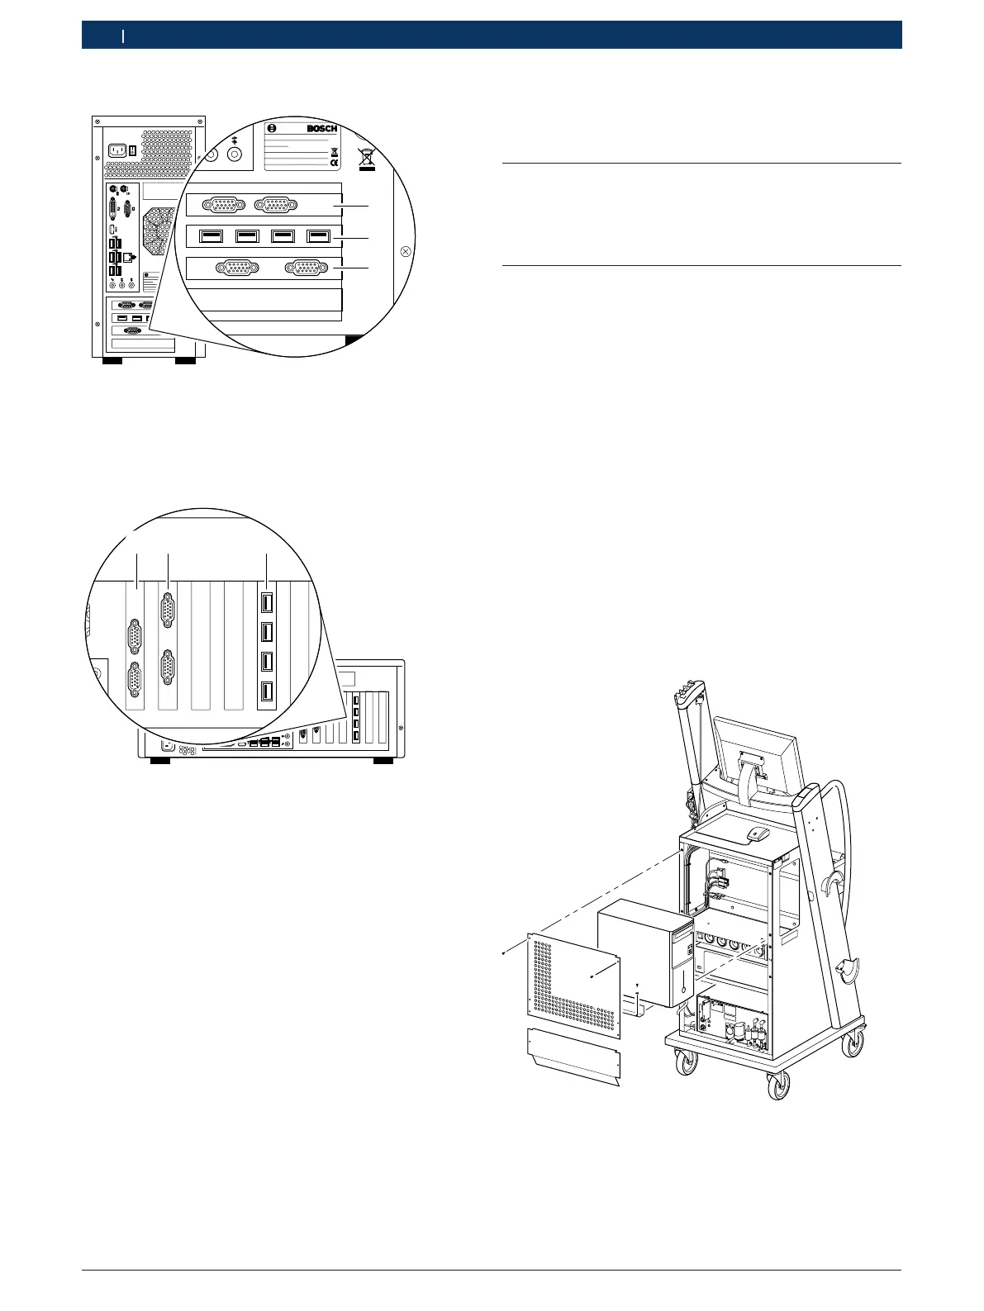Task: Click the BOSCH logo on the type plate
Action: (x=321, y=129)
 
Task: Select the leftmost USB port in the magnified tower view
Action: (x=212, y=236)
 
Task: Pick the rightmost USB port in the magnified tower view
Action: (x=318, y=236)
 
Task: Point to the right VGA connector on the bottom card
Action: (x=303, y=268)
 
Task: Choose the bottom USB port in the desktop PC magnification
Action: (x=267, y=692)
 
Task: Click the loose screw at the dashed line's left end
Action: (x=504, y=954)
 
